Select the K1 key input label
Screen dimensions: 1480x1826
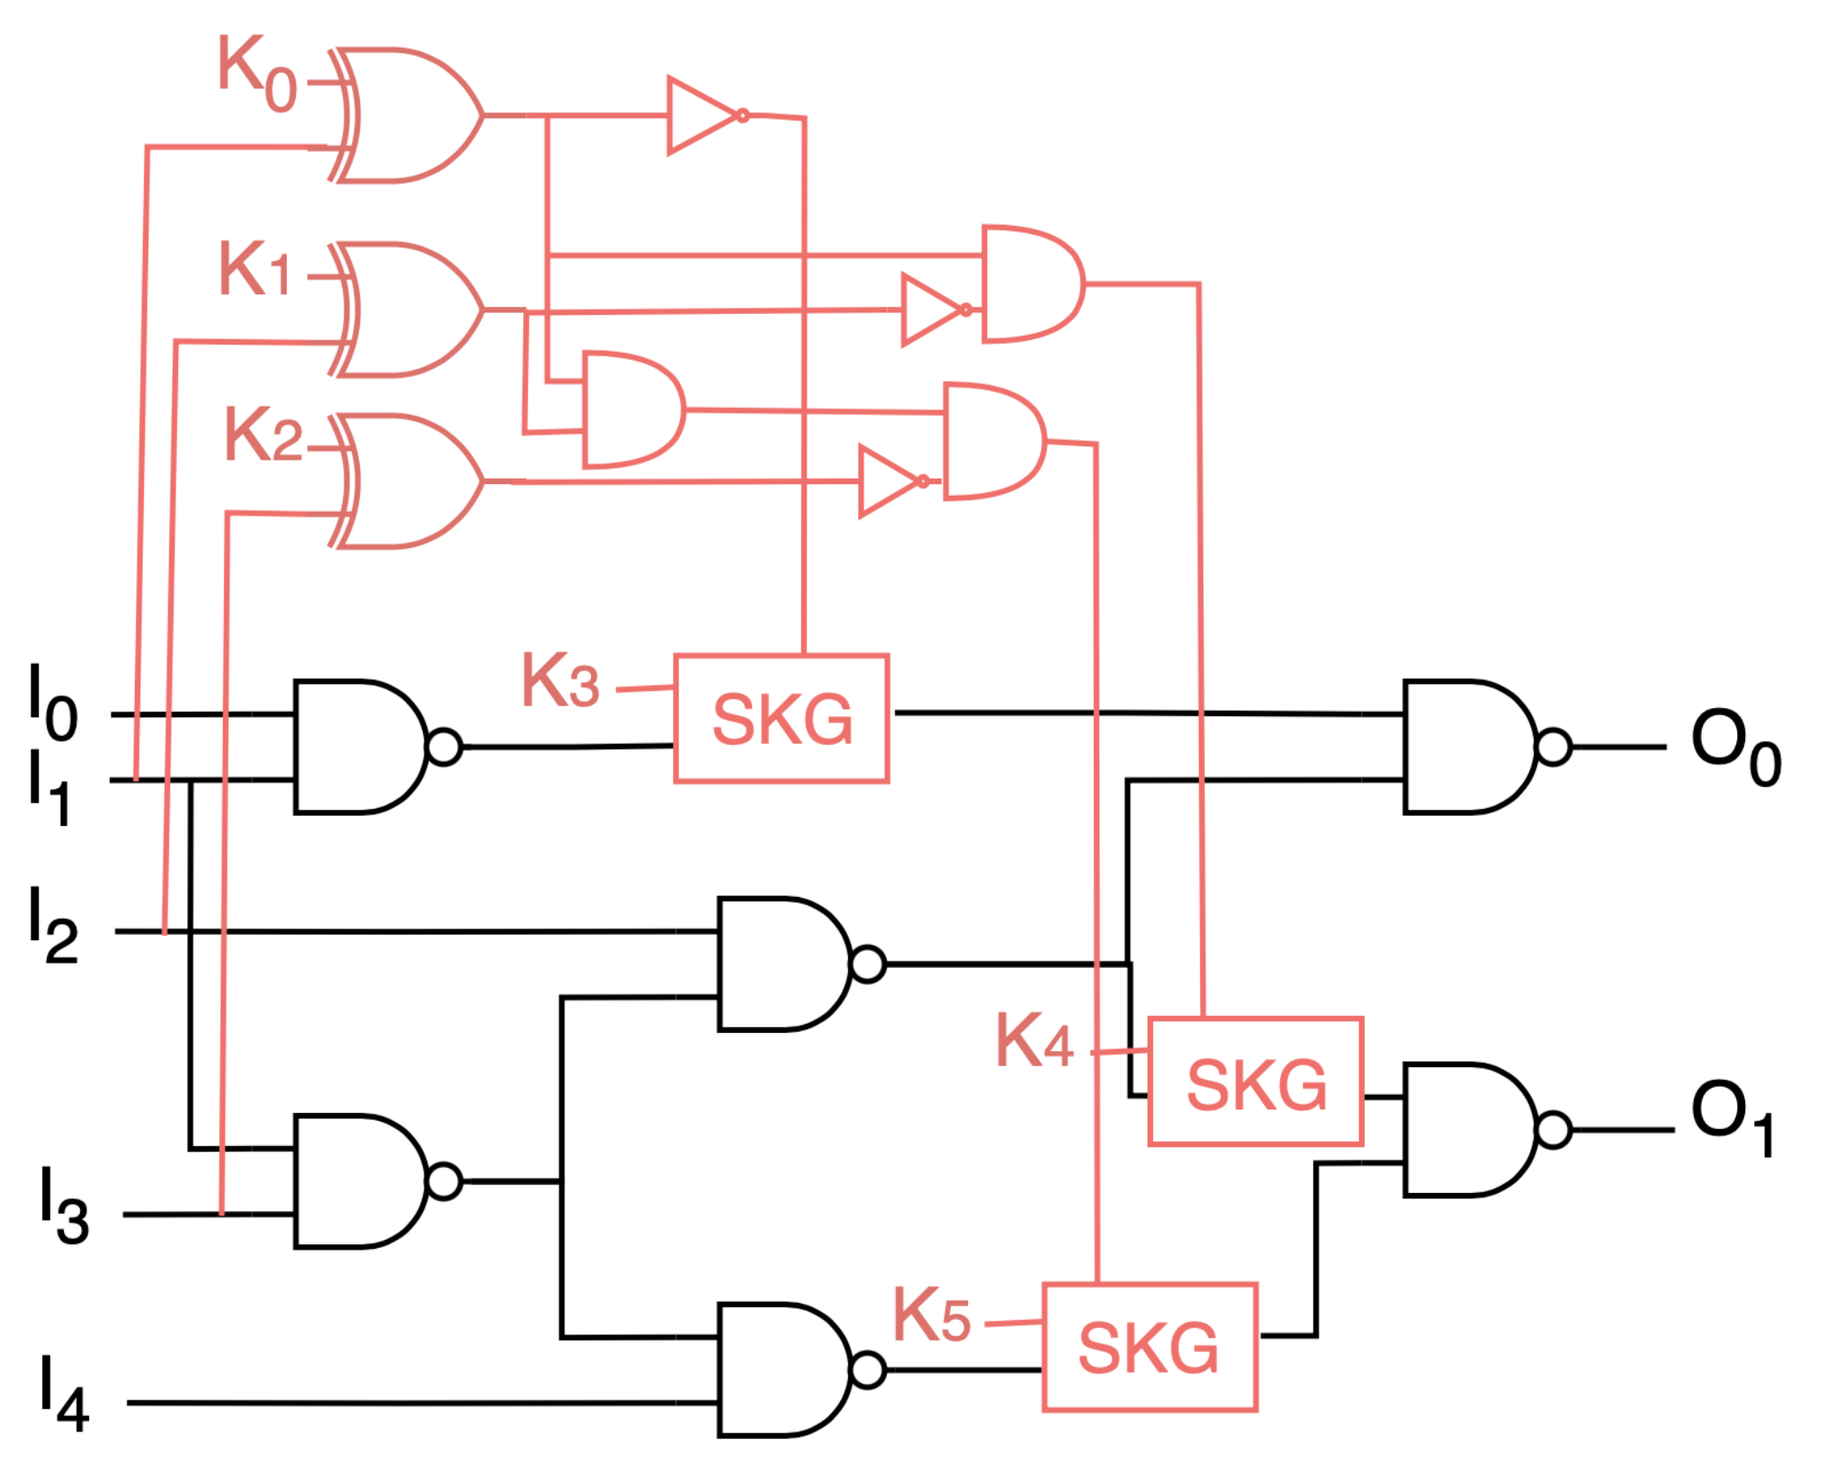[x=255, y=269]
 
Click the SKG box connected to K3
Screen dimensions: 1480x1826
[x=781, y=719]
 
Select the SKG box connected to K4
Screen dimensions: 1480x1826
[x=1256, y=1082]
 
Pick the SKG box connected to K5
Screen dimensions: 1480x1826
[x=1149, y=1348]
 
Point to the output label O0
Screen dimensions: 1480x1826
[x=1734, y=748]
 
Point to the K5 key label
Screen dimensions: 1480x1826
[x=931, y=1316]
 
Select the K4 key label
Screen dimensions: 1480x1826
[x=1034, y=1041]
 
